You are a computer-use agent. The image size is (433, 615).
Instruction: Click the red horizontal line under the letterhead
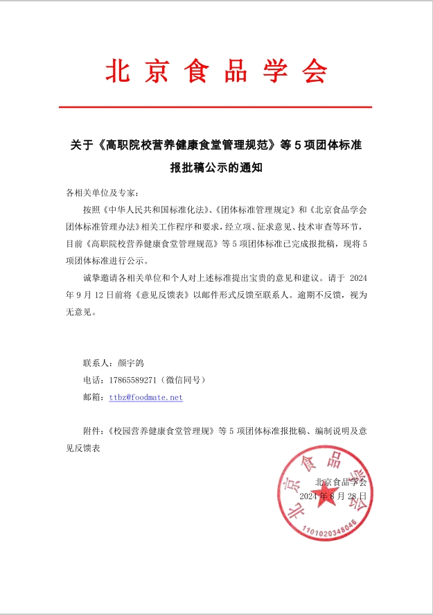tap(215, 107)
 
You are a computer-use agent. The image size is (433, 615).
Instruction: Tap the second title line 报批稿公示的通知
tap(215, 167)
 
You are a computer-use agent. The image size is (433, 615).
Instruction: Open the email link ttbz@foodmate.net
tap(146, 397)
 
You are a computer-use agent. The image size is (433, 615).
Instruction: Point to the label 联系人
tap(95, 363)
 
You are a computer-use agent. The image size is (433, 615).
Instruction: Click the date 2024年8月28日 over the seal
tap(333, 496)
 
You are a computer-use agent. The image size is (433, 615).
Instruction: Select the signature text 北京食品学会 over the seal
tap(340, 481)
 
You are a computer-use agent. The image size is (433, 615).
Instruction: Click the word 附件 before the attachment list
tap(91, 431)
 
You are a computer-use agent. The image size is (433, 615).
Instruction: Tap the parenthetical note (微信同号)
tap(183, 380)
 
